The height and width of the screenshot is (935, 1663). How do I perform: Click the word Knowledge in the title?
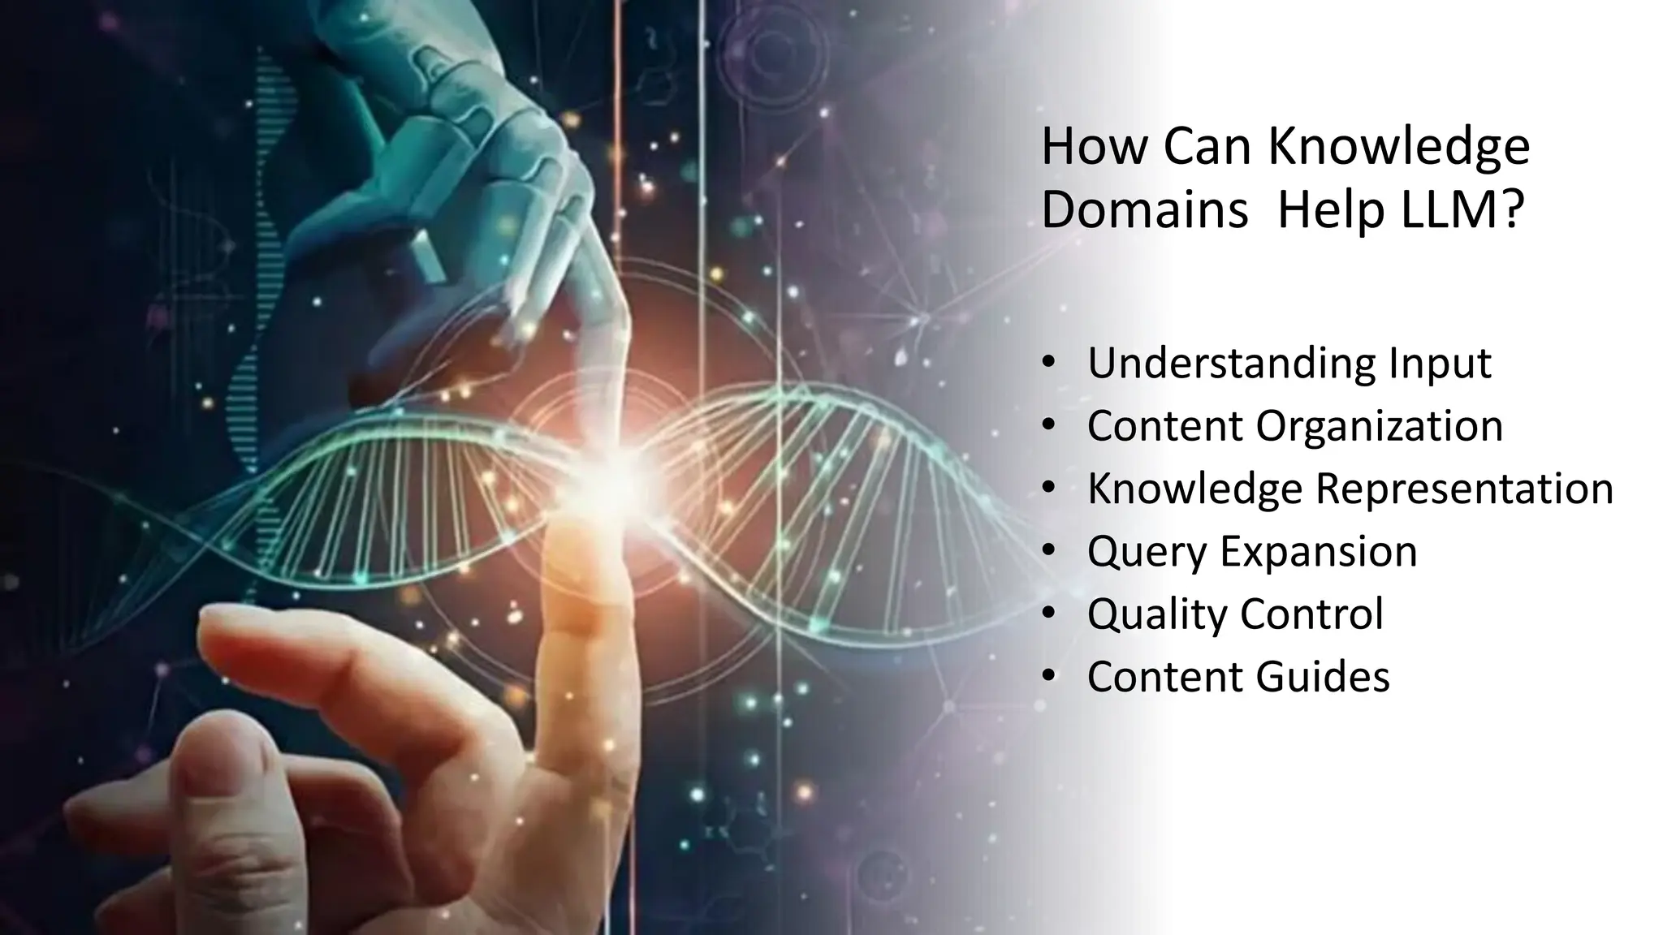[1398, 149]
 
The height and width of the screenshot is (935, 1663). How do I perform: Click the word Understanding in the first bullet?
[1232, 363]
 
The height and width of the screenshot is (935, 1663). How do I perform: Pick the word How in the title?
[1093, 147]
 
